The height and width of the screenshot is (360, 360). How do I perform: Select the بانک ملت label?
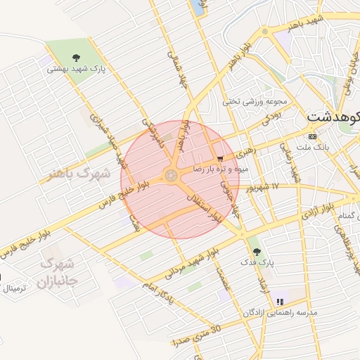click(x=313, y=147)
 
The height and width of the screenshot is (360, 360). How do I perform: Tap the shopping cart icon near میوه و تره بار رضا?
click(x=221, y=159)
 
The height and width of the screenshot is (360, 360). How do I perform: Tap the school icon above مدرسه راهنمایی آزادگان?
click(x=280, y=302)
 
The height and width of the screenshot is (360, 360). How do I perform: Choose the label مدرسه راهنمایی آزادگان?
click(x=278, y=312)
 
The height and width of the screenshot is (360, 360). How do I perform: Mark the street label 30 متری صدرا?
click(x=196, y=335)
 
